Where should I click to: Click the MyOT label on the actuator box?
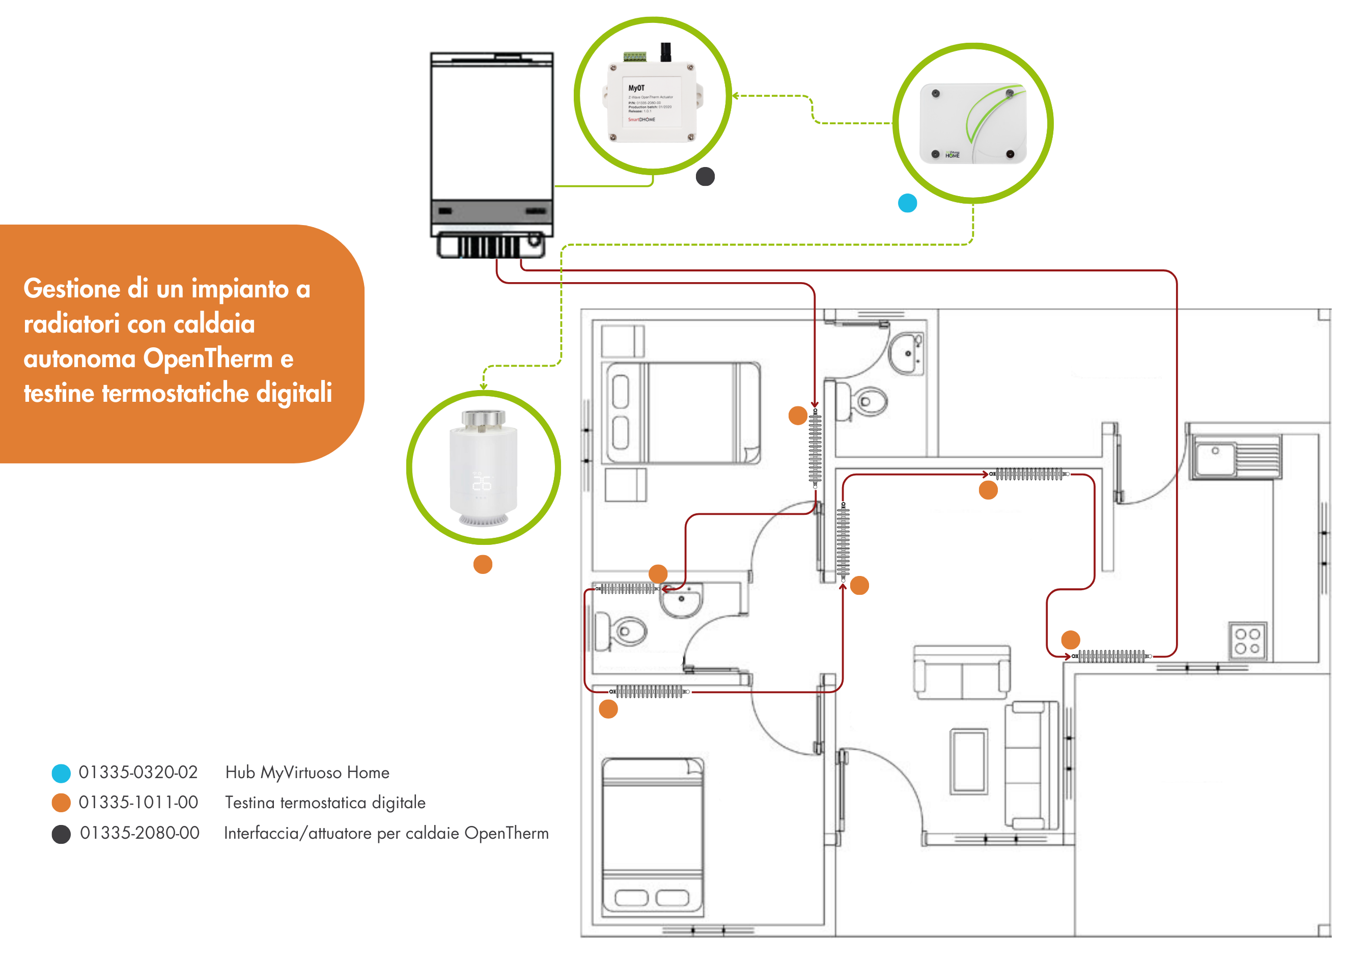tap(636, 88)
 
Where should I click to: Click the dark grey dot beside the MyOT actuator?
tap(705, 177)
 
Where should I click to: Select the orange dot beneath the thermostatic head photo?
tap(483, 564)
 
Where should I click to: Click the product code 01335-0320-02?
tap(138, 773)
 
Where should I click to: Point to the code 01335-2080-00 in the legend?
tap(139, 833)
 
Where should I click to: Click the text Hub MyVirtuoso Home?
tap(307, 773)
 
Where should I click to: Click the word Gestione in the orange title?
tap(72, 289)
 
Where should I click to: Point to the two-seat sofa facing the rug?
tap(962, 672)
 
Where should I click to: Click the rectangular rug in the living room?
tap(969, 761)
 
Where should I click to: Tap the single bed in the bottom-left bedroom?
tap(652, 836)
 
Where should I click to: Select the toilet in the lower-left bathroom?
tap(622, 631)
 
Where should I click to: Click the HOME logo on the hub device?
tap(953, 155)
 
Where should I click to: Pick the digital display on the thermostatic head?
tap(482, 481)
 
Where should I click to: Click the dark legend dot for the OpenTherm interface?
tap(61, 834)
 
